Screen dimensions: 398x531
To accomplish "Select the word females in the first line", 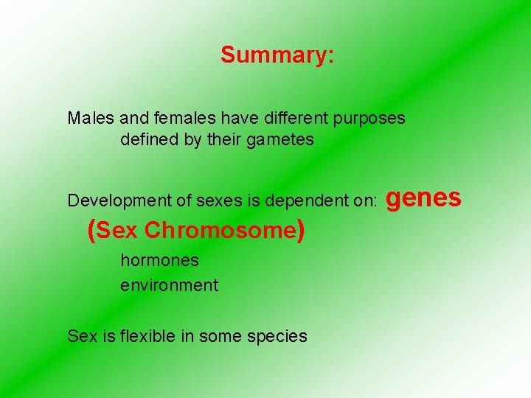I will click(x=178, y=118).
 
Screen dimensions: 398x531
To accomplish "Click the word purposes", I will click(x=369, y=119).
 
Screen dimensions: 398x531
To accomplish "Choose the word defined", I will click(x=148, y=139).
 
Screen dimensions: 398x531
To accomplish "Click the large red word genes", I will click(x=424, y=198).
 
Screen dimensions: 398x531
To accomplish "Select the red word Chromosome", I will click(x=220, y=231).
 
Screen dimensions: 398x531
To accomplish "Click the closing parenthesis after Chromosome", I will click(x=300, y=231).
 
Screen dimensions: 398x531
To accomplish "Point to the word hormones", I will click(x=159, y=260).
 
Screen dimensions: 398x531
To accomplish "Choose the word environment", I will click(x=169, y=285).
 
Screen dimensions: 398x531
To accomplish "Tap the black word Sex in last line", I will click(x=79, y=336).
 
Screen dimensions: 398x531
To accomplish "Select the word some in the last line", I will click(x=226, y=336).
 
